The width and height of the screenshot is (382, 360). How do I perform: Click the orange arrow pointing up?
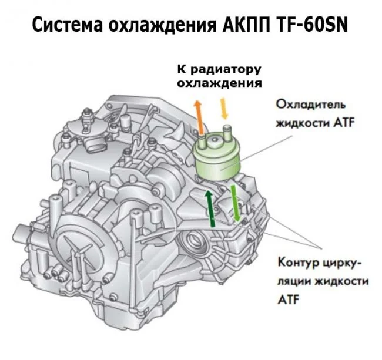point(199,117)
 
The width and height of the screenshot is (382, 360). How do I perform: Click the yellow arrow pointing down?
point(224,108)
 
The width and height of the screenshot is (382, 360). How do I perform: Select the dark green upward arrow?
point(210,208)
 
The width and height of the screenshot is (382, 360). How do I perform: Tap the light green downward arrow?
point(235,203)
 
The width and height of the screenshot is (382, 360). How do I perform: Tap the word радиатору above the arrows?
point(226,70)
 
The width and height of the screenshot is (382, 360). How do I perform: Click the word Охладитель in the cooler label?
point(311,105)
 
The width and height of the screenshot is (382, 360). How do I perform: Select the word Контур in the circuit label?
point(296,263)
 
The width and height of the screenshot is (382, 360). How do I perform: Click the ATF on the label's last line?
point(289,300)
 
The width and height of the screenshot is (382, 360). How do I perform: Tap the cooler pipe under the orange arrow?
point(202,141)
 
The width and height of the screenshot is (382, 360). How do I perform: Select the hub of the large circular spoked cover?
point(78,254)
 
